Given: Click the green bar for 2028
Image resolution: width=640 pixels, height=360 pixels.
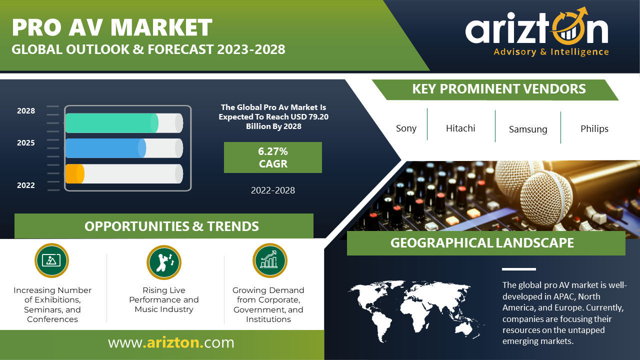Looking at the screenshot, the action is [x=111, y=123].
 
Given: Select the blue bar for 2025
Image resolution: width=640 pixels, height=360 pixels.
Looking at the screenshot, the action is [x=105, y=148].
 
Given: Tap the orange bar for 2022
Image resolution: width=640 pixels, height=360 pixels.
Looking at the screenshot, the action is [x=75, y=173].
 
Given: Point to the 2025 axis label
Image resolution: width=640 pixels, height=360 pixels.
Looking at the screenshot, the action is [x=25, y=142].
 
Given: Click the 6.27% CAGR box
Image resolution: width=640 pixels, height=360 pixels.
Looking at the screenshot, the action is [x=273, y=157].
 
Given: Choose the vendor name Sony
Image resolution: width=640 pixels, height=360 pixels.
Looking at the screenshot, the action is [x=406, y=128].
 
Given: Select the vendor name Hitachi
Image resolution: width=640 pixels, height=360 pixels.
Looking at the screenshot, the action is [x=460, y=128].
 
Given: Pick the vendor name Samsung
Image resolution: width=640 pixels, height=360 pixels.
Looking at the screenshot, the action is [x=528, y=129].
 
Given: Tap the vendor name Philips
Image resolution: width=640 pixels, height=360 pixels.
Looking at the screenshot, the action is [x=594, y=129].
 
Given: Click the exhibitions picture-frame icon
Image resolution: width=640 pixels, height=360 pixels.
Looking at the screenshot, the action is [x=51, y=260].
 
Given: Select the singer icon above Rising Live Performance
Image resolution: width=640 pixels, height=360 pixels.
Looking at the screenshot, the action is [x=164, y=262].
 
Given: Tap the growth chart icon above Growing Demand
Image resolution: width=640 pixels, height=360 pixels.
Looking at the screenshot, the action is [x=269, y=260].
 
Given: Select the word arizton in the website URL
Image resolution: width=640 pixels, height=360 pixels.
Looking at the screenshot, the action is [x=173, y=342].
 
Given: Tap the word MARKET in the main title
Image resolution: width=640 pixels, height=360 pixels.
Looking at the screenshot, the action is [x=161, y=27].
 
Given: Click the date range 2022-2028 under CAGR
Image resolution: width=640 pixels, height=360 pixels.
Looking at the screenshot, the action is [x=273, y=190].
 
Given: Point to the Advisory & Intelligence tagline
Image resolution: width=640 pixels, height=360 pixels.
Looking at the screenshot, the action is [x=551, y=52].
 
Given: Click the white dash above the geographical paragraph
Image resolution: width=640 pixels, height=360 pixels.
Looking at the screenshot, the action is [x=519, y=269].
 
